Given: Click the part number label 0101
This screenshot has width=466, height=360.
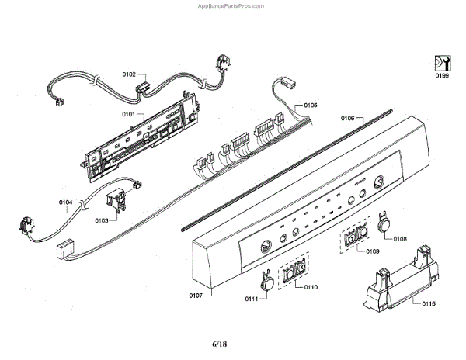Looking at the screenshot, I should [128, 114].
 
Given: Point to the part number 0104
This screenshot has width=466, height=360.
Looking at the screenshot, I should [66, 203].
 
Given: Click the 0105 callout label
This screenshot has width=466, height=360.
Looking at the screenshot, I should [311, 106].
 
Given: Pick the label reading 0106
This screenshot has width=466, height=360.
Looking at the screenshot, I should [347, 119].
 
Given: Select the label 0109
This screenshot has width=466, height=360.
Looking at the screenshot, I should [372, 251].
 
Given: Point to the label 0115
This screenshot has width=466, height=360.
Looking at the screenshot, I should [429, 303].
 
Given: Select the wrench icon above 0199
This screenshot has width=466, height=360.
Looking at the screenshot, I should [441, 62].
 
